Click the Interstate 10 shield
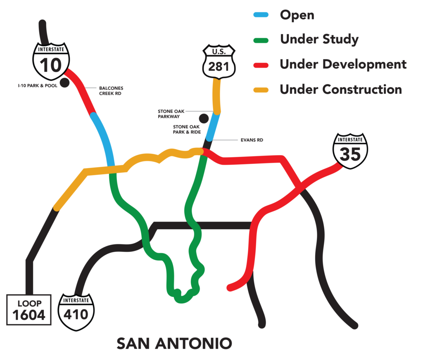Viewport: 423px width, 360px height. (51, 62)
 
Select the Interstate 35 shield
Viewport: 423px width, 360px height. (350, 151)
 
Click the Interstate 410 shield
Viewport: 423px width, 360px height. (76, 312)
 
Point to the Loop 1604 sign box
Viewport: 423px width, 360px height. (29, 310)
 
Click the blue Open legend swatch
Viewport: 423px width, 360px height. (261, 15)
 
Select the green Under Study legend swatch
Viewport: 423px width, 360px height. (261, 40)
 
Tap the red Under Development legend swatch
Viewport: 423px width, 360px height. (261, 65)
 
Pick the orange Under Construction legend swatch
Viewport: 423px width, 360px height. (261, 90)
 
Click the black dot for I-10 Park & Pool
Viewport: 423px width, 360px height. (64, 83)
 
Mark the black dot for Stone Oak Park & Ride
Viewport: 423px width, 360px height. (204, 118)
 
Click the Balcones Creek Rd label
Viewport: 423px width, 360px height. (111, 91)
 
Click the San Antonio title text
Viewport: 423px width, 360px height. (174, 343)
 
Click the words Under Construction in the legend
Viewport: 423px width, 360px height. (341, 90)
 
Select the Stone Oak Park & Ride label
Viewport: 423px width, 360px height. (187, 129)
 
